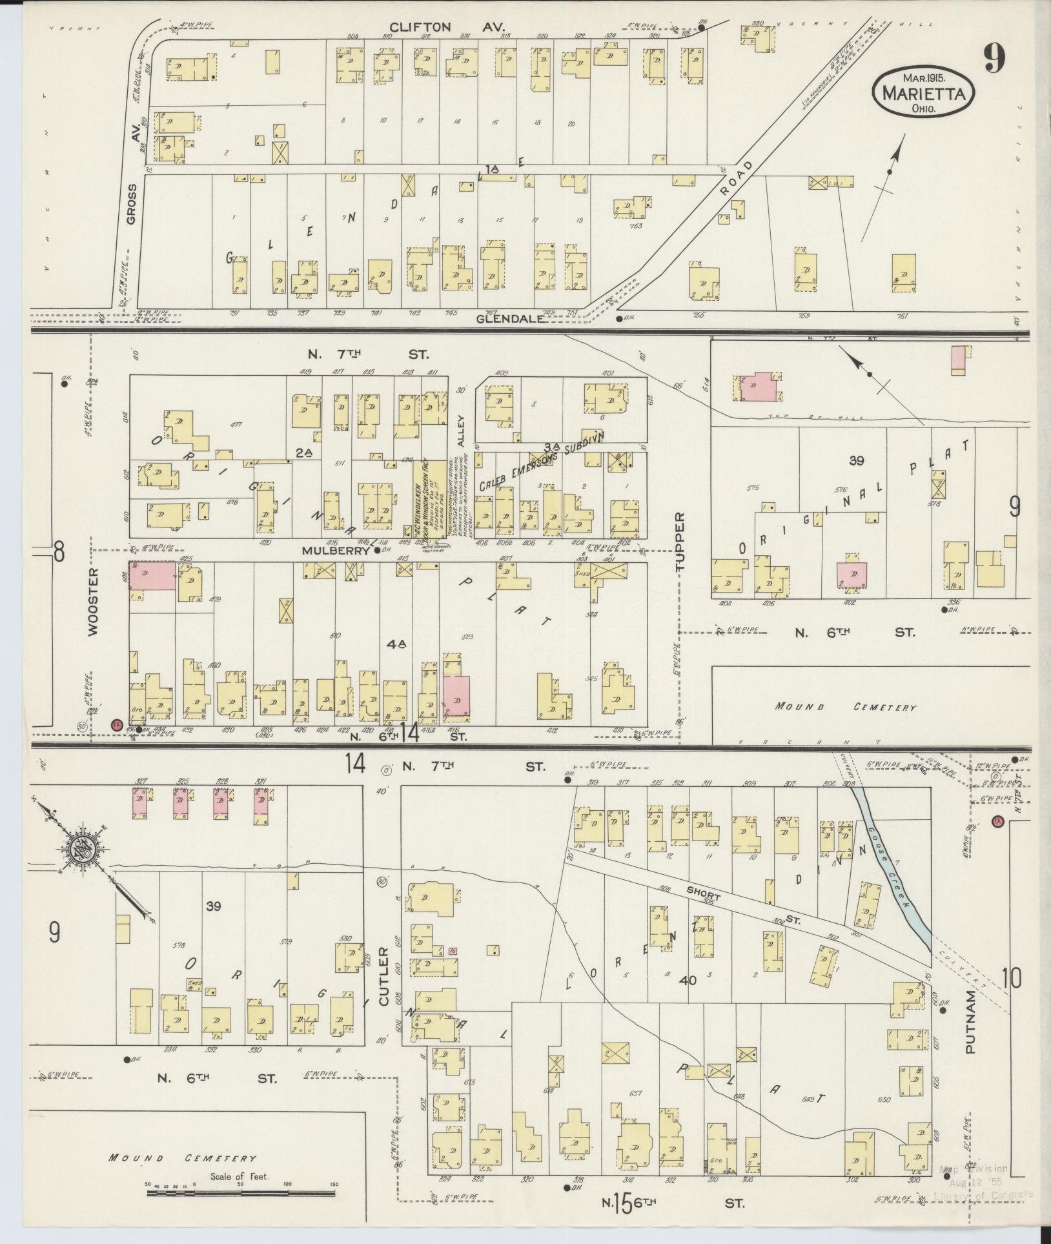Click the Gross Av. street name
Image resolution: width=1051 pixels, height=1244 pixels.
(132, 204)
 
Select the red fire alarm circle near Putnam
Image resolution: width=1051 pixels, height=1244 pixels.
(997, 822)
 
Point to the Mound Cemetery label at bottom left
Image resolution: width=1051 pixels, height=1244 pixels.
(182, 1158)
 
